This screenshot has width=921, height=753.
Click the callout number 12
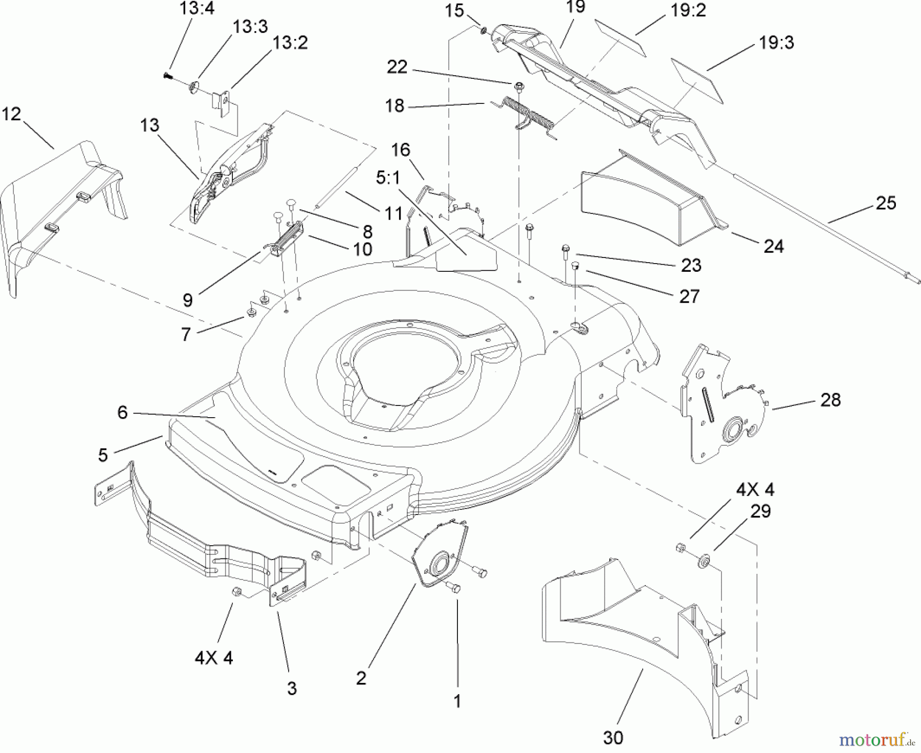pyautogui.click(x=11, y=114)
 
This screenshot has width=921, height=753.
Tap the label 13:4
pyautogui.click(x=197, y=9)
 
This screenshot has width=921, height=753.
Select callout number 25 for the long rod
pyautogui.click(x=886, y=203)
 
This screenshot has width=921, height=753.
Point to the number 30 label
pyautogui.click(x=613, y=738)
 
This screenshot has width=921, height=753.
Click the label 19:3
pyautogui.click(x=776, y=42)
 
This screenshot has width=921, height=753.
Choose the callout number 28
pyautogui.click(x=830, y=400)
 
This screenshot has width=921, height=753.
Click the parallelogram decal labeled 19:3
pyautogui.click(x=697, y=81)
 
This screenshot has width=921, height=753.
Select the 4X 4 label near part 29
pyautogui.click(x=755, y=490)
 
